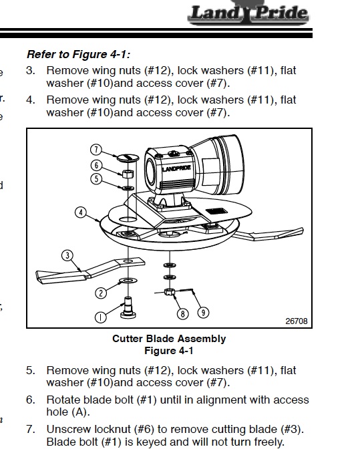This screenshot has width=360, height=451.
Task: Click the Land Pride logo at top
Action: [x=248, y=13]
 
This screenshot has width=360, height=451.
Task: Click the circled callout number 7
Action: [x=96, y=150]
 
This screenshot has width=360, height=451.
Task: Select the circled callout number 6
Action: [x=96, y=165]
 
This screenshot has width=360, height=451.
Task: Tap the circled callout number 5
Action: [x=96, y=179]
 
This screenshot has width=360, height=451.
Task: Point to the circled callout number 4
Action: [x=81, y=212]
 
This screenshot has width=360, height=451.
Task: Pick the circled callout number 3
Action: [x=67, y=255]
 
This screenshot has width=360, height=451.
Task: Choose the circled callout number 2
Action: [x=101, y=293]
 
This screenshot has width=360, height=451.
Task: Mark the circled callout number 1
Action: [x=100, y=317]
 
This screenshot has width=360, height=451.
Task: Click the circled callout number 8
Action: [x=182, y=314]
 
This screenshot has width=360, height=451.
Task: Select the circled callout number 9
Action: [x=203, y=313]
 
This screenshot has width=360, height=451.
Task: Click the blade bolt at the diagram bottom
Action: [x=128, y=307]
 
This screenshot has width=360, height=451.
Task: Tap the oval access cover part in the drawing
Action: [x=128, y=157]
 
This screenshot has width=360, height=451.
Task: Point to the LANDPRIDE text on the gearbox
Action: [x=176, y=168]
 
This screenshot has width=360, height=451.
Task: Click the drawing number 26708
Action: [x=297, y=321]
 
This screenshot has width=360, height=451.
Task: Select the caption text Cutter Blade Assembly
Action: [x=169, y=339]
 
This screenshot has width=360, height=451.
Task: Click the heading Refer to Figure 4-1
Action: [x=78, y=54]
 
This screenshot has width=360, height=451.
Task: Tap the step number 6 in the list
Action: [x=30, y=400]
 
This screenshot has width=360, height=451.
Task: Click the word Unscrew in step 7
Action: [x=67, y=429]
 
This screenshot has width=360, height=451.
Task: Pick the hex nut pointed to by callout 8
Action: [x=170, y=292]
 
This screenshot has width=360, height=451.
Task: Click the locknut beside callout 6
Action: [x=128, y=174]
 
